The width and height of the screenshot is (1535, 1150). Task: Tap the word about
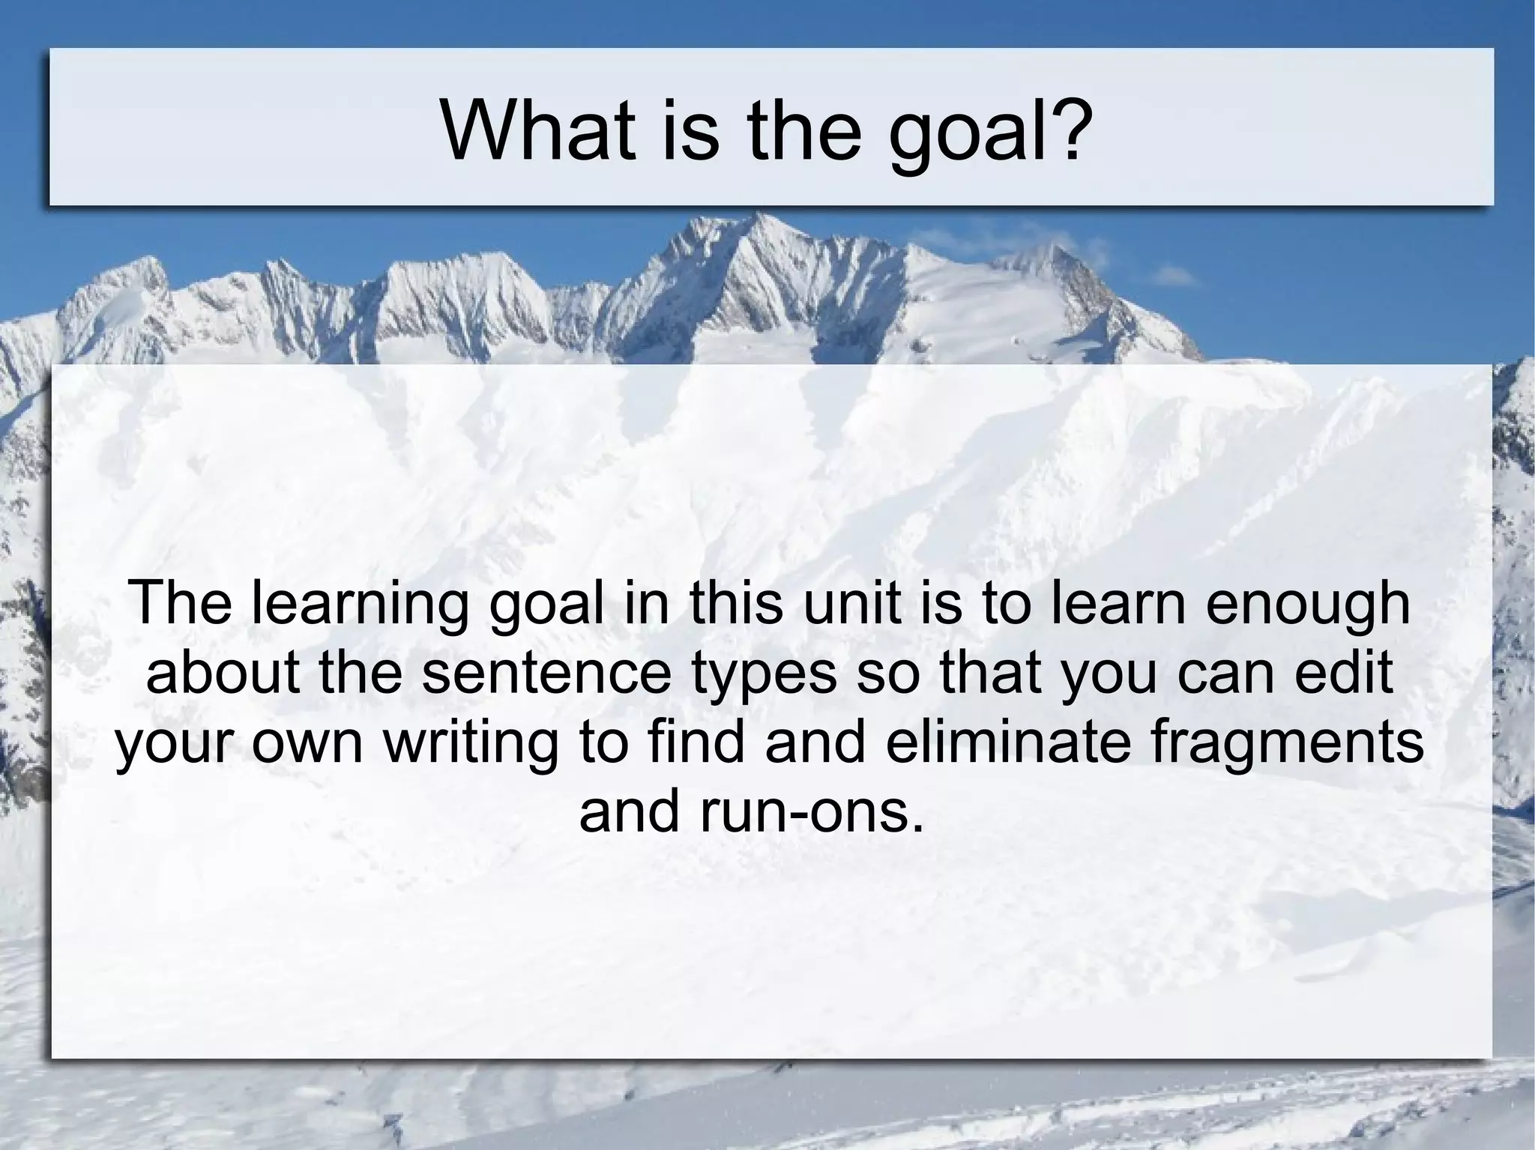[224, 672]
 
